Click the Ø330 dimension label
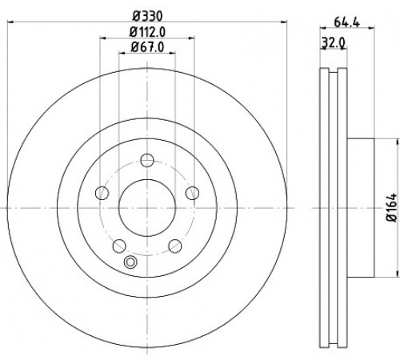[147, 16]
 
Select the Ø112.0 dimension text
[147, 32]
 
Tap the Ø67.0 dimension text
[147, 47]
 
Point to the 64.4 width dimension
[347, 22]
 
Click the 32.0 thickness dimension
[334, 42]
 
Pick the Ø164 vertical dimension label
[391, 208]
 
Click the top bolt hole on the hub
[147, 160]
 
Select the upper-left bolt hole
[102, 193]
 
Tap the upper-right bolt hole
[192, 193]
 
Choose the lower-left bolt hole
[119, 246]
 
